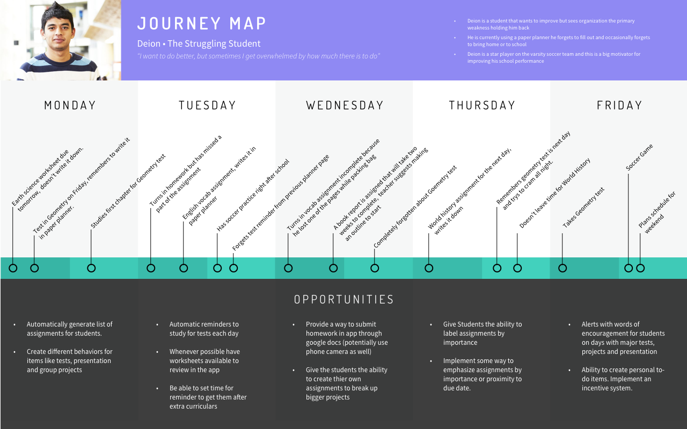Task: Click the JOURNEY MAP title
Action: click(202, 24)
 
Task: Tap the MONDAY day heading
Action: click(70, 106)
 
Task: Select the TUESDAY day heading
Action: click(207, 106)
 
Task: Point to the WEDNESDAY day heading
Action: click(345, 106)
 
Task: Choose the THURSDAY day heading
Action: click(482, 106)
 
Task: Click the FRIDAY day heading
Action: click(619, 106)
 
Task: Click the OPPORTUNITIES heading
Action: click(344, 299)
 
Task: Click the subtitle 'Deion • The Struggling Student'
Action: click(199, 44)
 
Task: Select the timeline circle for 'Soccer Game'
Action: click(628, 268)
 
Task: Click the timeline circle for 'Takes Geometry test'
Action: click(562, 268)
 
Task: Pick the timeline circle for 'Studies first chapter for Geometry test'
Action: click(91, 268)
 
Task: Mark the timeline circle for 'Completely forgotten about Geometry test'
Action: click(375, 268)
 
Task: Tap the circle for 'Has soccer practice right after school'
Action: click(217, 268)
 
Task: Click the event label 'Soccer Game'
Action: click(639, 158)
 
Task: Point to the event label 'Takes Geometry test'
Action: click(583, 207)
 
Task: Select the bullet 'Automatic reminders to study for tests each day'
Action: click(204, 329)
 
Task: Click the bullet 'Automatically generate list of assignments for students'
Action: click(70, 329)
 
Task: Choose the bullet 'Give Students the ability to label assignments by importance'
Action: click(482, 333)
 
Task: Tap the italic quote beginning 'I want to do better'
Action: click(259, 56)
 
